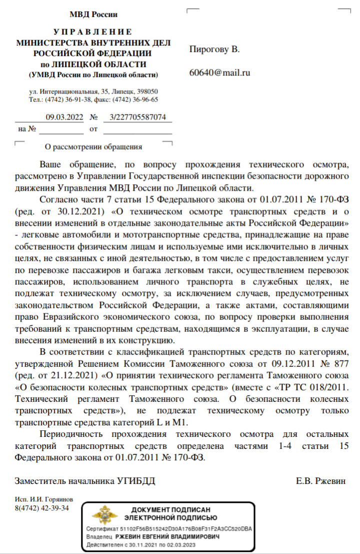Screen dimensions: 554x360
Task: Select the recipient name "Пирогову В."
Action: (x=214, y=50)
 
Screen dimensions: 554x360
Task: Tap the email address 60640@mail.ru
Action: (x=219, y=73)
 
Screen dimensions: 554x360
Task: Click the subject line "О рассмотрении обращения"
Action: (x=93, y=147)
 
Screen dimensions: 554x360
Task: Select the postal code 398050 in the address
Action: (x=148, y=92)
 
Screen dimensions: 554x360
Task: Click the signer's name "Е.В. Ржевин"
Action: (x=320, y=481)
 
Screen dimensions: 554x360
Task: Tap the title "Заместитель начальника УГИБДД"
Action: (x=85, y=481)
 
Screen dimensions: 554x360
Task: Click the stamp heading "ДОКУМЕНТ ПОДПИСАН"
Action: (x=170, y=509)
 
